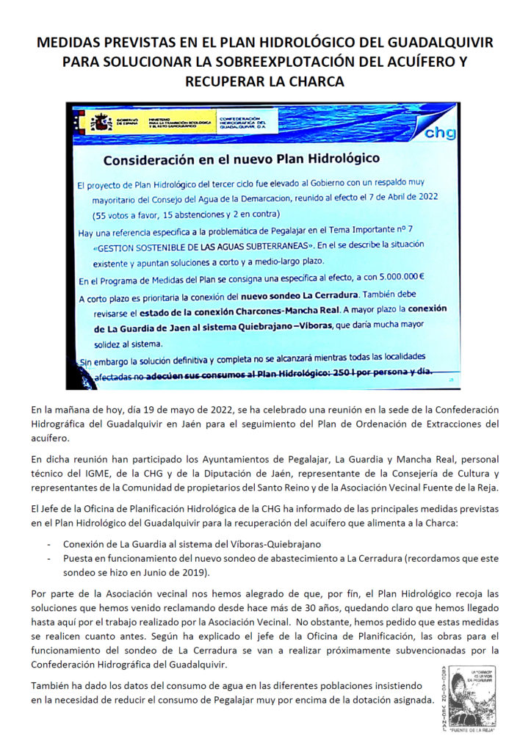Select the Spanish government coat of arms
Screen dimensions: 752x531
(x=98, y=123)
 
